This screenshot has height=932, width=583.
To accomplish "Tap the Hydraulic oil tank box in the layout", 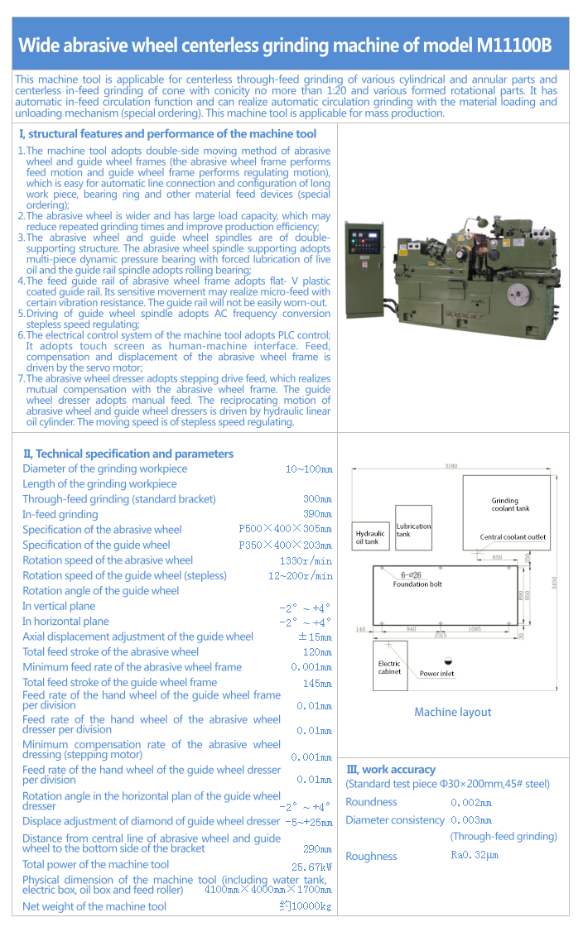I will point(370,536).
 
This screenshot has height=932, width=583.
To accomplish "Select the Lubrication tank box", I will point(413,527).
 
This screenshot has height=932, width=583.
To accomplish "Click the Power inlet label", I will point(436,674).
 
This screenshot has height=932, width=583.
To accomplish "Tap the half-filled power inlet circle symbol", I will point(448,661).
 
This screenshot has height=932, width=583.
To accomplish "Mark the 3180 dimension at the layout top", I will point(451,467).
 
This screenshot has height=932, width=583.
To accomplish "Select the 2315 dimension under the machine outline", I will point(441,636).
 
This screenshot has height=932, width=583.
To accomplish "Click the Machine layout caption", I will point(452,712).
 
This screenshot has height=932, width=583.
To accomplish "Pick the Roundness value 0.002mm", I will point(470,802).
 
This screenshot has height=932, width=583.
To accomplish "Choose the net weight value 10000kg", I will point(306,906).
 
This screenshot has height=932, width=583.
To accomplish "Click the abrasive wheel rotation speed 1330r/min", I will point(306,560).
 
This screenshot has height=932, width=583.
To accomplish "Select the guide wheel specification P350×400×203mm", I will point(286,545).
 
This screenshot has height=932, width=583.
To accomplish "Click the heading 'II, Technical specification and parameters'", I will point(128,454).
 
